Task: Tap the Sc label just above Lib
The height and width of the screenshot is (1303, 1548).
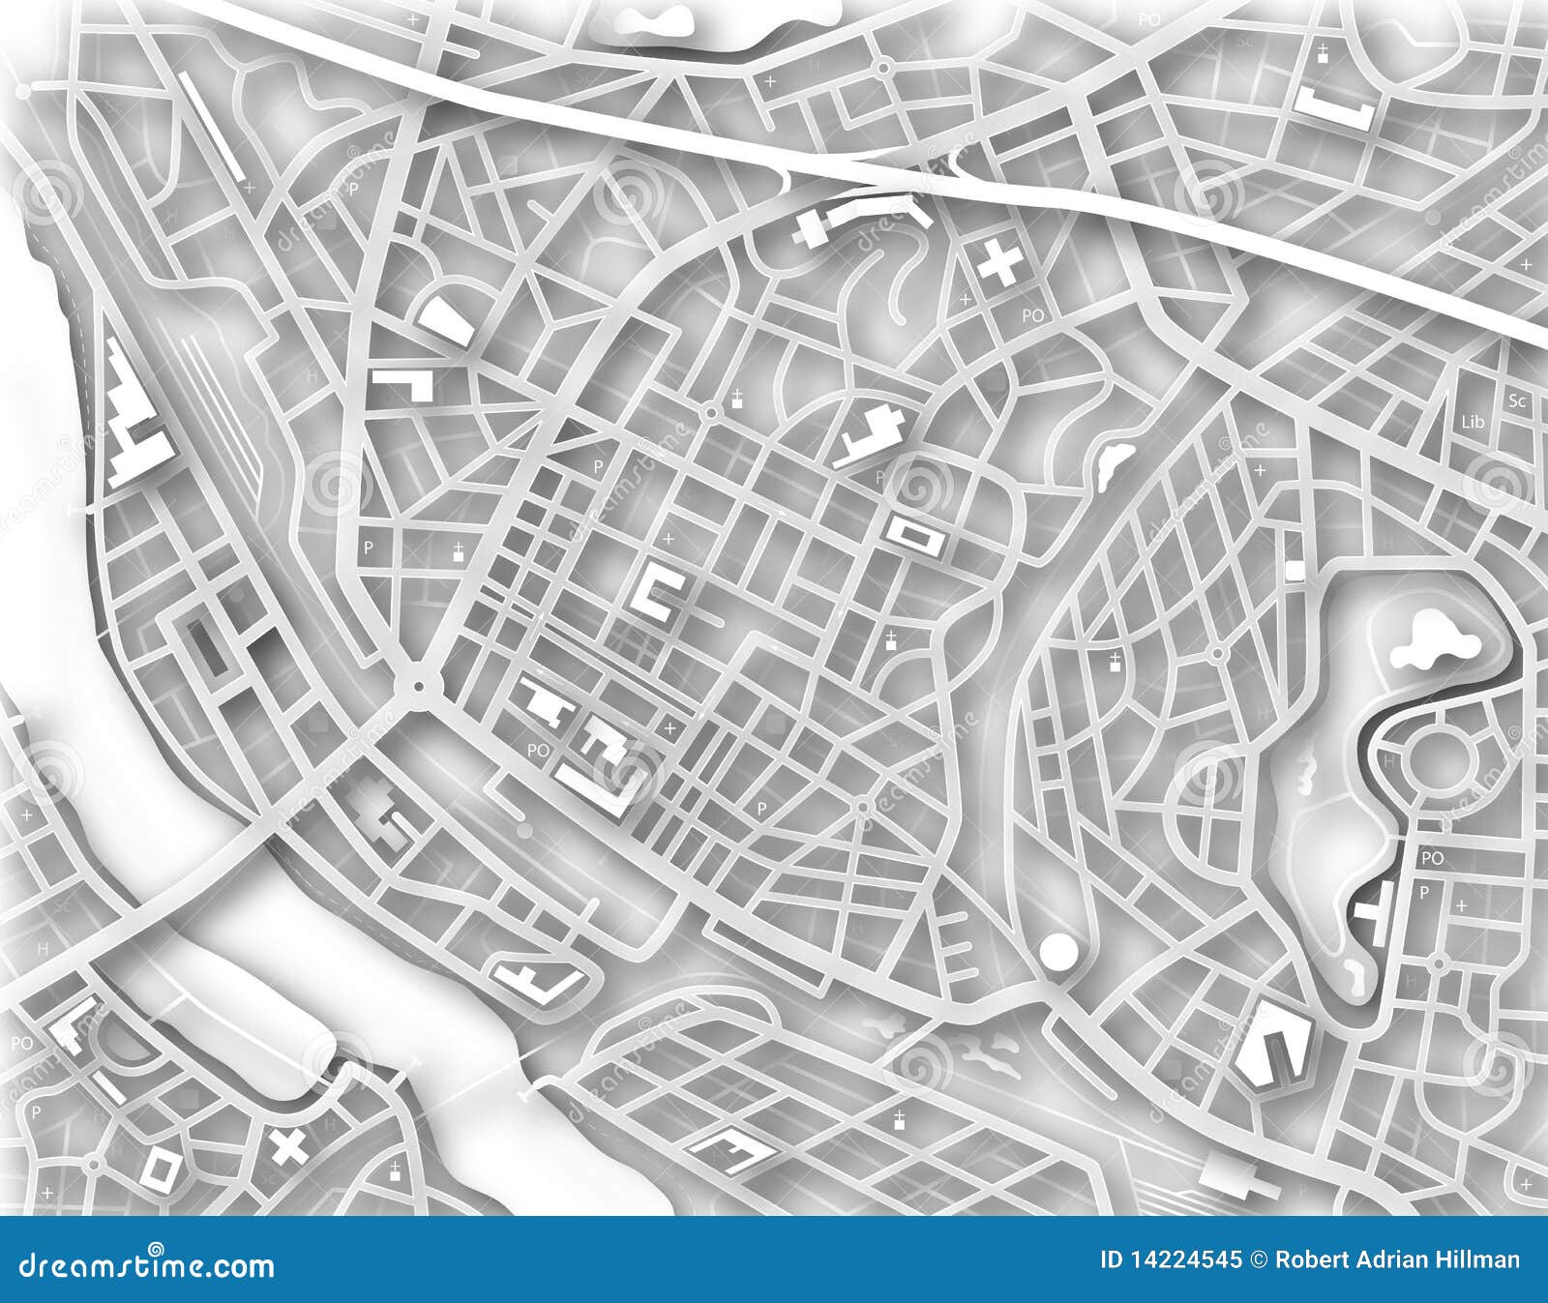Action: tap(1516, 399)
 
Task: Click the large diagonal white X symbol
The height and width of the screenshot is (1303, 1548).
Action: tap(287, 1146)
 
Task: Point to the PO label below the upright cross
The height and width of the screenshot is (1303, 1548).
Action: tap(1032, 315)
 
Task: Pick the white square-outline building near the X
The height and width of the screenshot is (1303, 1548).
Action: tap(160, 1168)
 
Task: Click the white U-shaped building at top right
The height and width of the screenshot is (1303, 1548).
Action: tap(1336, 108)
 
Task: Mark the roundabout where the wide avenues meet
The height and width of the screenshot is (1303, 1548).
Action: tap(418, 686)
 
